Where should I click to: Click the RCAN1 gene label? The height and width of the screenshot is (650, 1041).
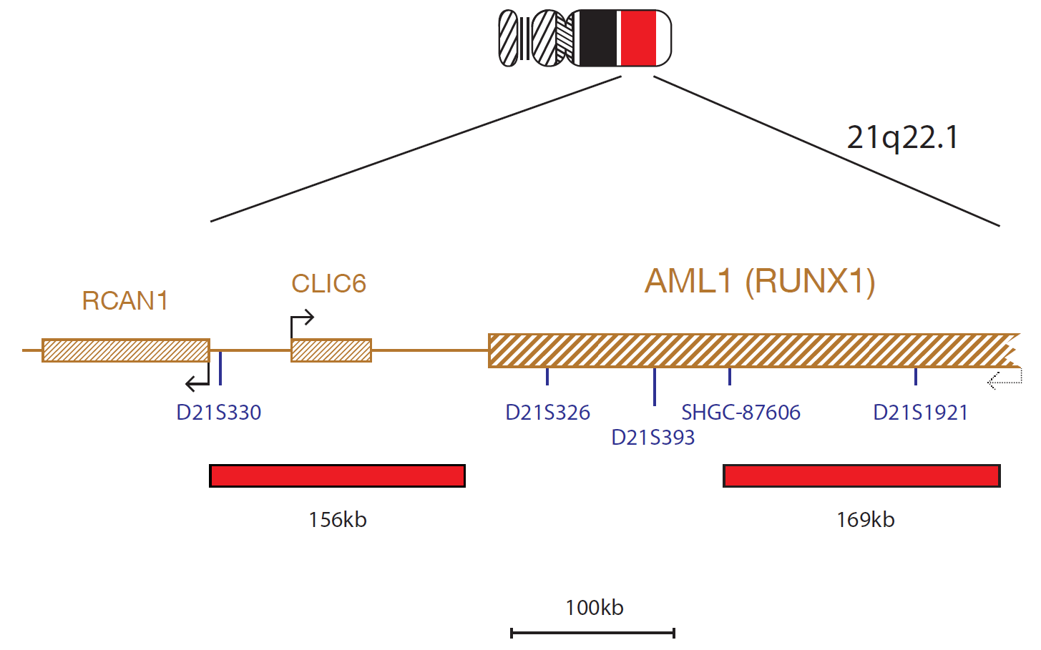(x=124, y=300)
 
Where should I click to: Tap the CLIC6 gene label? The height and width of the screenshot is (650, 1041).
(x=328, y=283)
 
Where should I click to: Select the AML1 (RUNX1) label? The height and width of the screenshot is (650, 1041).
(x=760, y=282)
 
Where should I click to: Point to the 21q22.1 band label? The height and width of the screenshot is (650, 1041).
(x=902, y=138)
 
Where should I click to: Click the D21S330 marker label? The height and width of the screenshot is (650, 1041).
(x=218, y=413)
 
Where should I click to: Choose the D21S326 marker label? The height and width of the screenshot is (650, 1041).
(x=547, y=413)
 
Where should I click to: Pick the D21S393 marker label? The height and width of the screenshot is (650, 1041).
(x=653, y=438)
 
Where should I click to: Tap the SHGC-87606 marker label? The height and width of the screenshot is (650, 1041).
(x=741, y=413)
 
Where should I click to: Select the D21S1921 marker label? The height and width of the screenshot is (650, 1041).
(x=920, y=413)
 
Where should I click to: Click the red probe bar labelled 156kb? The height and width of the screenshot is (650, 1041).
(x=338, y=476)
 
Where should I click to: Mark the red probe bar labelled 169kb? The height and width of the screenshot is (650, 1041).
(x=861, y=476)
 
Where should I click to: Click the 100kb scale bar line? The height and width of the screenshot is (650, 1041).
(x=592, y=633)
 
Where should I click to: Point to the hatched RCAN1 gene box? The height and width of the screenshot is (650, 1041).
(x=126, y=350)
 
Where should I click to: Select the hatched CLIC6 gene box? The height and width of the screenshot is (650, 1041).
(x=331, y=350)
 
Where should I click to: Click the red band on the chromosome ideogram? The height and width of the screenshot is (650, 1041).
(x=638, y=38)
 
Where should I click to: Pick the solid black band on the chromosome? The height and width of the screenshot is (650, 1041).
(x=597, y=38)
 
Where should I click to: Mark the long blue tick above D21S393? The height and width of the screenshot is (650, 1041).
(x=655, y=387)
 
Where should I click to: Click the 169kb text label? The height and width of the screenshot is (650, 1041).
(x=865, y=520)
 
